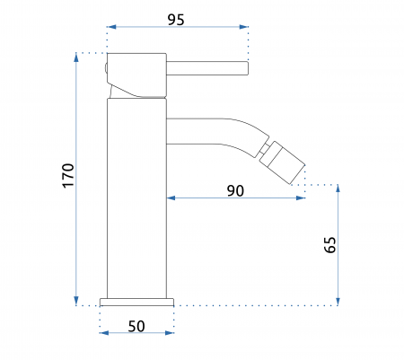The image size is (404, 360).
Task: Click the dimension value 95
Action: coord(176,20)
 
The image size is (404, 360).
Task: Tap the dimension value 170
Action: coord(68,175)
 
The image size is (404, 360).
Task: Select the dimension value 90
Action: coord(235,190)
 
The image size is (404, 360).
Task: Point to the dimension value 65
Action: coord(330,245)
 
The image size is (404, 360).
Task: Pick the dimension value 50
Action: coord(136,326)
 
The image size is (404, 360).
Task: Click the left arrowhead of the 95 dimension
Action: coord(111,27)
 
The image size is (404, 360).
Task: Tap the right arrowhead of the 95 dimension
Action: coord(244,27)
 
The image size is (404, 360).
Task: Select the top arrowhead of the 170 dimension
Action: coord(76,57)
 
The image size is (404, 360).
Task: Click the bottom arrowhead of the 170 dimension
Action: coord(76,301)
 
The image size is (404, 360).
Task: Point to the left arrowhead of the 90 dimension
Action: coord(171,198)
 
